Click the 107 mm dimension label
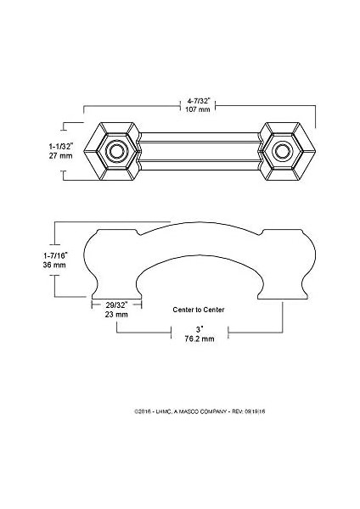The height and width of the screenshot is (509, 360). pos(198,109)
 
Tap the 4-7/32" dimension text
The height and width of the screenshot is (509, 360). pos(198,101)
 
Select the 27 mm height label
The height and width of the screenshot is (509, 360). pos(61,155)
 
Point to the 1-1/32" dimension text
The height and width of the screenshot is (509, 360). pos(61,147)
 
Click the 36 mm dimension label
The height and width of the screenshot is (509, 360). pos(54,265)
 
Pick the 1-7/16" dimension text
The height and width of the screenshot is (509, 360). pos(55,255)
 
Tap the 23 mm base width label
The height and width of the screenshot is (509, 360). pos(116,314)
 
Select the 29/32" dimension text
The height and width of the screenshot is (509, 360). pos(116,305)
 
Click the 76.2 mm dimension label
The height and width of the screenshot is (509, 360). pos(200,338)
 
